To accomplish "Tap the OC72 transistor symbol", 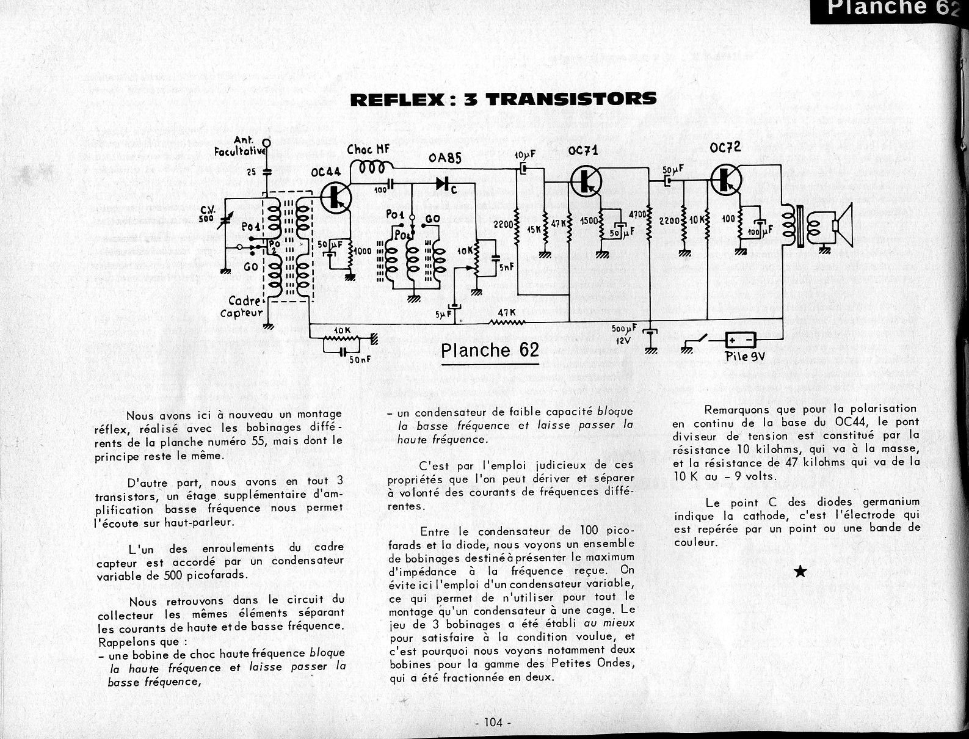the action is [726, 178].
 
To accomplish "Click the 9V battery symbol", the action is [740, 340].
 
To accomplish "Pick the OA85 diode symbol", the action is [442, 182].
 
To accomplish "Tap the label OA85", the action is [445, 159].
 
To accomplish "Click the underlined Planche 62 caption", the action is [490, 350].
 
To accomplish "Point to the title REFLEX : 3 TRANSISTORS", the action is [504, 99].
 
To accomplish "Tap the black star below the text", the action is [800, 572].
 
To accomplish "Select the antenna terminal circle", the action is [266, 144].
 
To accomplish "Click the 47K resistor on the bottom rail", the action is [506, 322].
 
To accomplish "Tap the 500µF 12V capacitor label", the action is [623, 334].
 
